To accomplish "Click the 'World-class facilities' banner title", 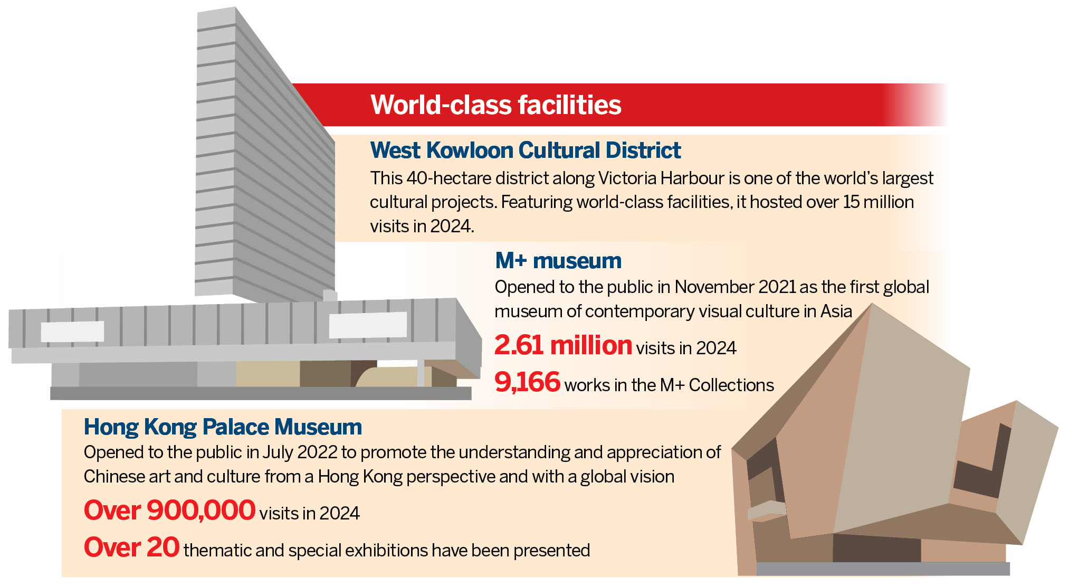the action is click(496, 105).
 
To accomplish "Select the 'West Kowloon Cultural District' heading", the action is click(526, 150).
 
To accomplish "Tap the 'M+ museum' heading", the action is click(558, 261).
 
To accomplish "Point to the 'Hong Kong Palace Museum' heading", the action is click(223, 427).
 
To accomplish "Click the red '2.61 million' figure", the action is click(563, 345).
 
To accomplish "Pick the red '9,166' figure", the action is click(527, 382).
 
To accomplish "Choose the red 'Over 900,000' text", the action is click(169, 510).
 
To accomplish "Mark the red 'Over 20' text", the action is click(131, 547).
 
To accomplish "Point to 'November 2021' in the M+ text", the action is click(735, 287).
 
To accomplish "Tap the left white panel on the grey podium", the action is click(72, 332).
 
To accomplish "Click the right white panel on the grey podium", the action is click(368, 325).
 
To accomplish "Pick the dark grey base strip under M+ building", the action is click(261, 393).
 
